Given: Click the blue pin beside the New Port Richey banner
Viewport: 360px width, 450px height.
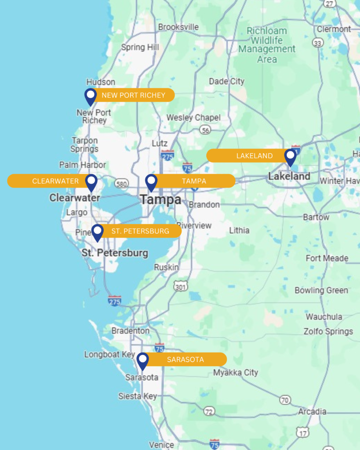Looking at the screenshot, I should coord(90,96).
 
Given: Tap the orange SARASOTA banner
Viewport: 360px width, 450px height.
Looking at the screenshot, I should coord(185,359).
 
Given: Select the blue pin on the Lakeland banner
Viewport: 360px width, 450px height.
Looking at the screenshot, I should coord(290,157).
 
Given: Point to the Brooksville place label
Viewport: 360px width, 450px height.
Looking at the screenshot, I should coord(178,27).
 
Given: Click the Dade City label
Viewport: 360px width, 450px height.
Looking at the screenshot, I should coord(226,81).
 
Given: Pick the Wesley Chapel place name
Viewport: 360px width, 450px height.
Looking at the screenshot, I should coord(193,118).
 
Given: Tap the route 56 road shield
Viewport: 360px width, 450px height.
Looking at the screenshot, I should coord(205,130).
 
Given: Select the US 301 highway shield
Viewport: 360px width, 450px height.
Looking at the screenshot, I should coord(180,287).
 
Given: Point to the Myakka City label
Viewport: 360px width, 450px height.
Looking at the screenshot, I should coord(236,373).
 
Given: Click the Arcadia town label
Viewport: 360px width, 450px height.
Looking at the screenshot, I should coord(312,412).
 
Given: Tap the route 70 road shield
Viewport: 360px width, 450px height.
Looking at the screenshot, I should coord(285,400).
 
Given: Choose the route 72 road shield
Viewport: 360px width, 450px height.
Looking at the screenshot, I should coord(209,411).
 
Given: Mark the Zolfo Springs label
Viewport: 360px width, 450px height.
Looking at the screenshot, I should coord(328,331).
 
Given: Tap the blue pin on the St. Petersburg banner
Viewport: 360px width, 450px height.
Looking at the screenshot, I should coord(97,232).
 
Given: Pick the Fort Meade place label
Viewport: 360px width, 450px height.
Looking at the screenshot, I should coord(327,258).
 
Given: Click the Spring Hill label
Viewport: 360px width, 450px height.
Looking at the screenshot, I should coord(140,47).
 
